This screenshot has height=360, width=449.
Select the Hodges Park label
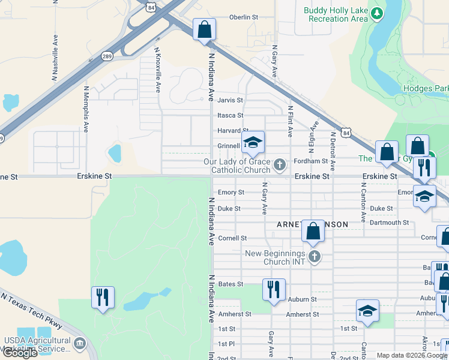click(426, 88)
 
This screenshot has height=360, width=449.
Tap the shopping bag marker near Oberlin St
click(204, 29)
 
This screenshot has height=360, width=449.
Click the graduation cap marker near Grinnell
click(253, 143)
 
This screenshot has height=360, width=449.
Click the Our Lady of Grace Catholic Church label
click(237, 166)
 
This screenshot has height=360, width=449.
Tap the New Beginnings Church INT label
click(275, 257)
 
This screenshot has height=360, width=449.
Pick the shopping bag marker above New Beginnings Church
click(313, 230)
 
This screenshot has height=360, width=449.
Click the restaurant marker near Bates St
click(273, 289)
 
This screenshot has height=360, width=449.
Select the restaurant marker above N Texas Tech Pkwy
click(103, 296)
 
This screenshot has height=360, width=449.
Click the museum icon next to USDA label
click(79, 343)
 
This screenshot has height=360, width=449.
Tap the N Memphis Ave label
click(86, 108)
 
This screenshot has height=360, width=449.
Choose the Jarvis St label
click(230, 100)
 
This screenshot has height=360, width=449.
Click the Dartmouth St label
click(389, 223)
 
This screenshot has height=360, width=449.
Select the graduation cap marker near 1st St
click(367, 310)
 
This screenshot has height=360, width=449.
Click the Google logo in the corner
click(19, 353)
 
